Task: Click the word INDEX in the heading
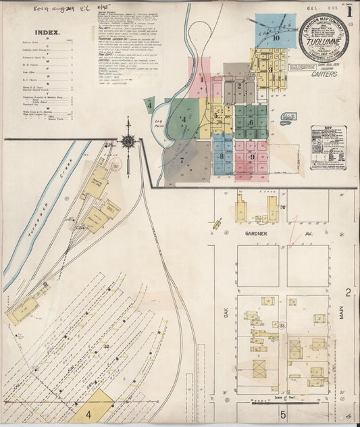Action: pyautogui.click(x=47, y=32)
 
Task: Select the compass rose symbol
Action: pyautogui.click(x=128, y=141)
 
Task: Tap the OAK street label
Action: pyautogui.click(x=227, y=313)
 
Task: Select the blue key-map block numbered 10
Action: pyautogui.click(x=276, y=38)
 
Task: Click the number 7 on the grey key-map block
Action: pyautogui.click(x=182, y=160)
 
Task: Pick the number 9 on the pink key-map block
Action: pyautogui.click(x=251, y=157)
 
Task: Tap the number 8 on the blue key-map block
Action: pyautogui.click(x=221, y=155)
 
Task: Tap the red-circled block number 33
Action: pyautogui.click(x=281, y=326)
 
